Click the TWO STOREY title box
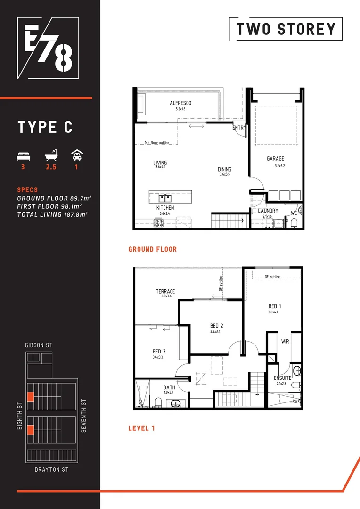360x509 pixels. coord(286,29)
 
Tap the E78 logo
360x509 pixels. coord(45,48)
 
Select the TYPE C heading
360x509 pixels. coord(45,127)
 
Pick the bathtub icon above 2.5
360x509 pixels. coord(50,156)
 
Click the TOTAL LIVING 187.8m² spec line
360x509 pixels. coord(52,214)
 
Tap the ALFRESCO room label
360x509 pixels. coord(180,103)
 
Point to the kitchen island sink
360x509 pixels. coord(164,197)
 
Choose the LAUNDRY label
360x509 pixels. coord(268,211)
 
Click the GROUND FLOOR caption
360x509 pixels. coord(152,249)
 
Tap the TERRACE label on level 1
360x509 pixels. coord(165,291)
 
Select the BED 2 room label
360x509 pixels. coord(216,326)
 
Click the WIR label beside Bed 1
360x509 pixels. coord(285,341)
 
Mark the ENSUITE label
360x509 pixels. coord(283,378)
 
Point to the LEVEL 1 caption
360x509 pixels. coord(141,428)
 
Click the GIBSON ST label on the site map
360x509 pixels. coord(39,345)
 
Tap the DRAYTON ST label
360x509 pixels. coord(52,469)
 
